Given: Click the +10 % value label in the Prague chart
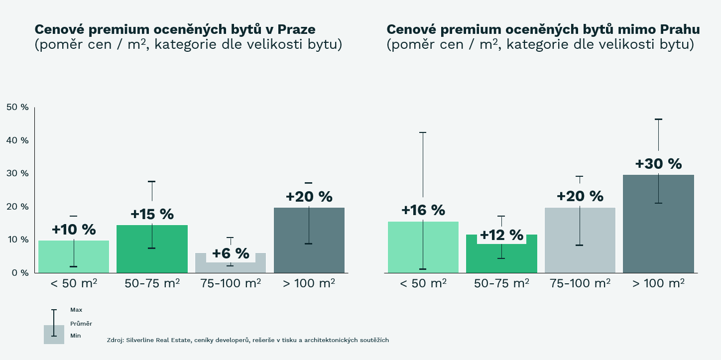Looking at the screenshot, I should click(74, 230).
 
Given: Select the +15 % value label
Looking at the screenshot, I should click(152, 215).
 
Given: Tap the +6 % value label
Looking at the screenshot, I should click(231, 253).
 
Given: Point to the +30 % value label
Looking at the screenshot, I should click(658, 164).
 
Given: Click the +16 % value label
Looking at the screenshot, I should click(423, 211).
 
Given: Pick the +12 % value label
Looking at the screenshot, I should click(501, 235).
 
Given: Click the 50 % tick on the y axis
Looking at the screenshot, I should click(17, 108).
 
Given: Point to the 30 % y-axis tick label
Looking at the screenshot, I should click(17, 173).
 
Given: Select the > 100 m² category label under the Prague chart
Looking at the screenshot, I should click(309, 283).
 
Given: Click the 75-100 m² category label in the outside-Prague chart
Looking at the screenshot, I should click(580, 283).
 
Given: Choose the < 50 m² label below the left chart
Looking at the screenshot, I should click(74, 283).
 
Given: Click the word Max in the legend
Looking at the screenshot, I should click(76, 310).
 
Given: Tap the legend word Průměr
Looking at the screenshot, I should click(81, 324).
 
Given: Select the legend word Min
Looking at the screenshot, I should click(76, 336).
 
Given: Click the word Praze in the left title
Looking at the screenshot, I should click(296, 29).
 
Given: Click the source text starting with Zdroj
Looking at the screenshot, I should click(247, 340).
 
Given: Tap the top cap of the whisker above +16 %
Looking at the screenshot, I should click(423, 132).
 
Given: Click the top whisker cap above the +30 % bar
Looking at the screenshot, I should click(658, 120).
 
